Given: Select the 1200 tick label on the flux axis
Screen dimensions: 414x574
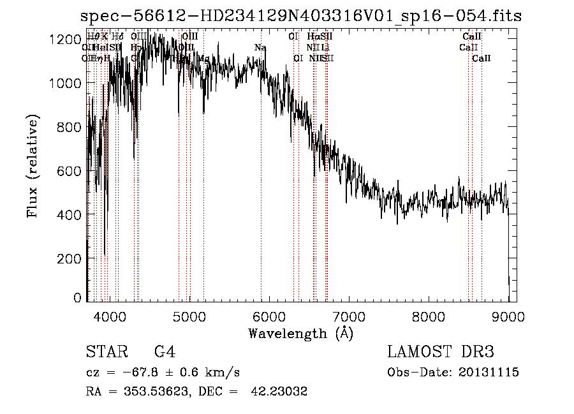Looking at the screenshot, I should pyautogui.click(x=65, y=40).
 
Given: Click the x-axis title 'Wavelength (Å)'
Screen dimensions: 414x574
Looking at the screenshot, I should pyautogui.click(x=300, y=333).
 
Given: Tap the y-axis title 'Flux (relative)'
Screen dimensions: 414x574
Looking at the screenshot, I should pyautogui.click(x=32, y=166).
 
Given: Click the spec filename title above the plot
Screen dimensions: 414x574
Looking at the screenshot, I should pyautogui.click(x=300, y=16).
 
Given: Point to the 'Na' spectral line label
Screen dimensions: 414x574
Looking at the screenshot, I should pyautogui.click(x=260, y=48).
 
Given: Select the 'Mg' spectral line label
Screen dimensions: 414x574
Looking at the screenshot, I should pyautogui.click(x=203, y=59).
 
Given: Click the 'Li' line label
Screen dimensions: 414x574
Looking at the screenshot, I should pyautogui.click(x=325, y=48).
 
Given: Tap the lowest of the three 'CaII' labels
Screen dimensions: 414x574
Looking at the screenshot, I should pyautogui.click(x=482, y=59).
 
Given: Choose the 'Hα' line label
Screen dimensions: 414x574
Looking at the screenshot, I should pyautogui.click(x=313, y=37).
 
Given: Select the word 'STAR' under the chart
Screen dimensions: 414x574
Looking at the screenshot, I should pyautogui.click(x=103, y=352).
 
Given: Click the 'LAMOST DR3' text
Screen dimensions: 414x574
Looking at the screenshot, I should pyautogui.click(x=441, y=352).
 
